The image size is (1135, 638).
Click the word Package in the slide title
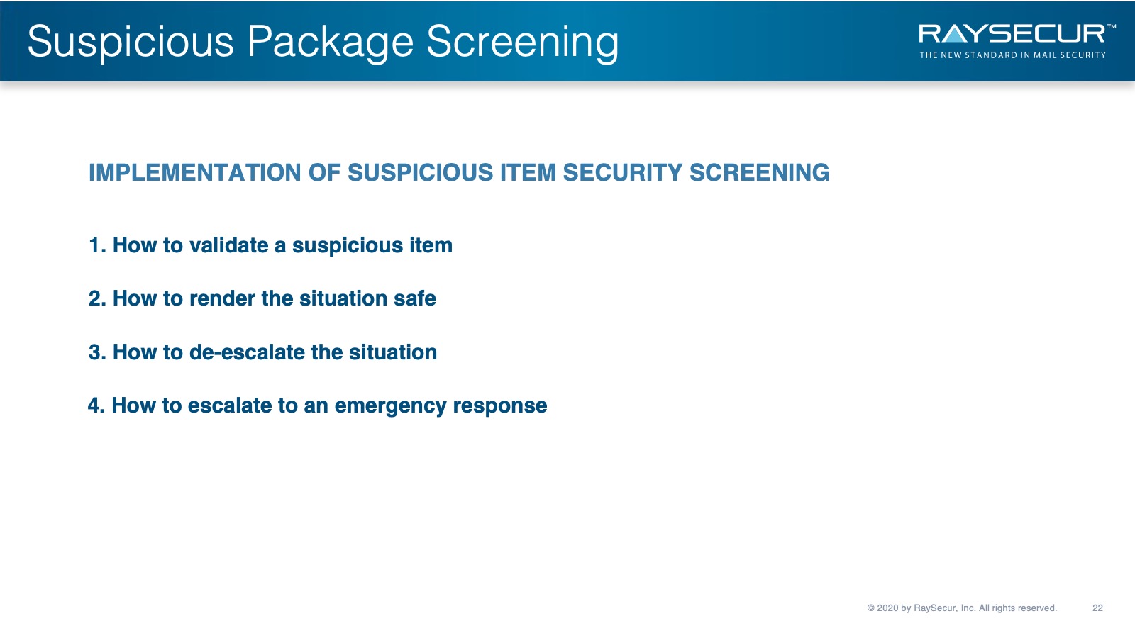[x=330, y=43]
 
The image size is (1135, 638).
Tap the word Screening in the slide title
[x=522, y=43]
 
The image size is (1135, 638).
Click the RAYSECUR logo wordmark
[x=1012, y=34]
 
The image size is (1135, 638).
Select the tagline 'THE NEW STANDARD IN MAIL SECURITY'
[x=1012, y=55]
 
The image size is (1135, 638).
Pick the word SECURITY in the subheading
[x=623, y=173]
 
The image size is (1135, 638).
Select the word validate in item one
[x=228, y=245]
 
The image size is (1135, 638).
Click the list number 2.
[x=97, y=298]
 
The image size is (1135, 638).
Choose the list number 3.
[x=97, y=352]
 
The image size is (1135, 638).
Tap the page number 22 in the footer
[x=1097, y=608]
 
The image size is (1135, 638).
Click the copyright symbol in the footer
[x=871, y=608]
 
